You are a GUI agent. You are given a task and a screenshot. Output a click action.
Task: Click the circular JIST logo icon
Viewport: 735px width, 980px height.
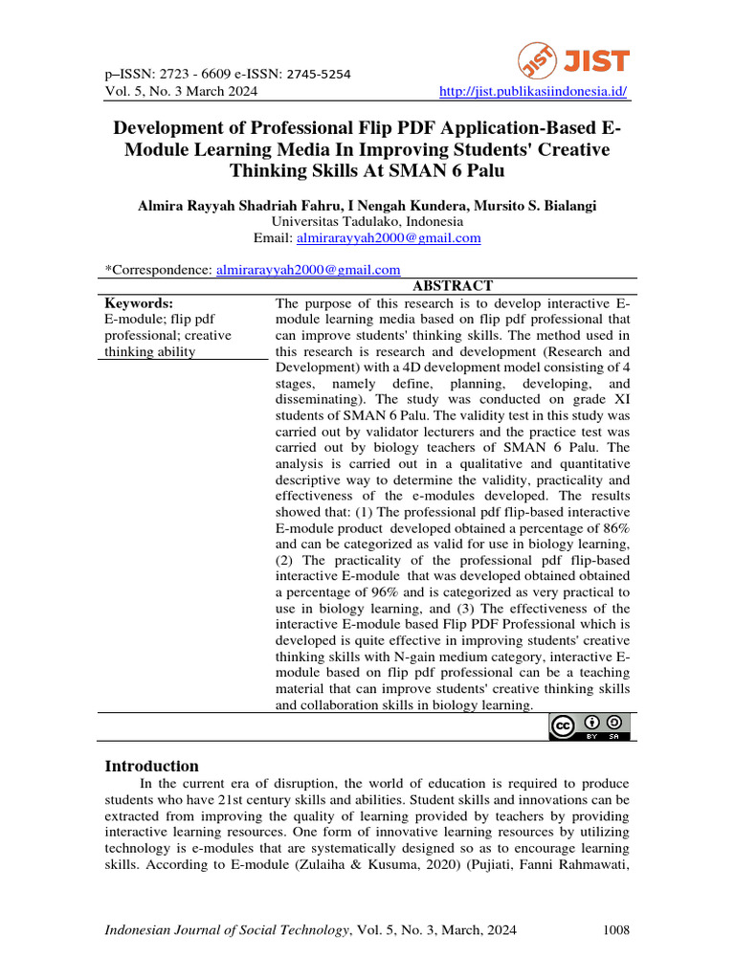[538, 62]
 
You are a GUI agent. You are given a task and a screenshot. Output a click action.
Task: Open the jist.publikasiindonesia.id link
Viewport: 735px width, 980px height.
[532, 92]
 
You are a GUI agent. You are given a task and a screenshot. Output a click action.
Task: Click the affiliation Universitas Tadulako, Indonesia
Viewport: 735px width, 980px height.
[367, 221]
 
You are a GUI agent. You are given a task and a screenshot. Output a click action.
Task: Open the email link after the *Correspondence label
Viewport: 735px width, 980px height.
[308, 270]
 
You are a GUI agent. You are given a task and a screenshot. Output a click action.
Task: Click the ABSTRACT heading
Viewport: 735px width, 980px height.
[452, 286]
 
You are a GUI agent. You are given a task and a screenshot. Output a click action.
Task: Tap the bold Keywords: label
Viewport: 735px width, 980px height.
[138, 302]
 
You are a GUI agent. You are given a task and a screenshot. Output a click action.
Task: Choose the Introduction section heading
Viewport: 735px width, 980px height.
[151, 766]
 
